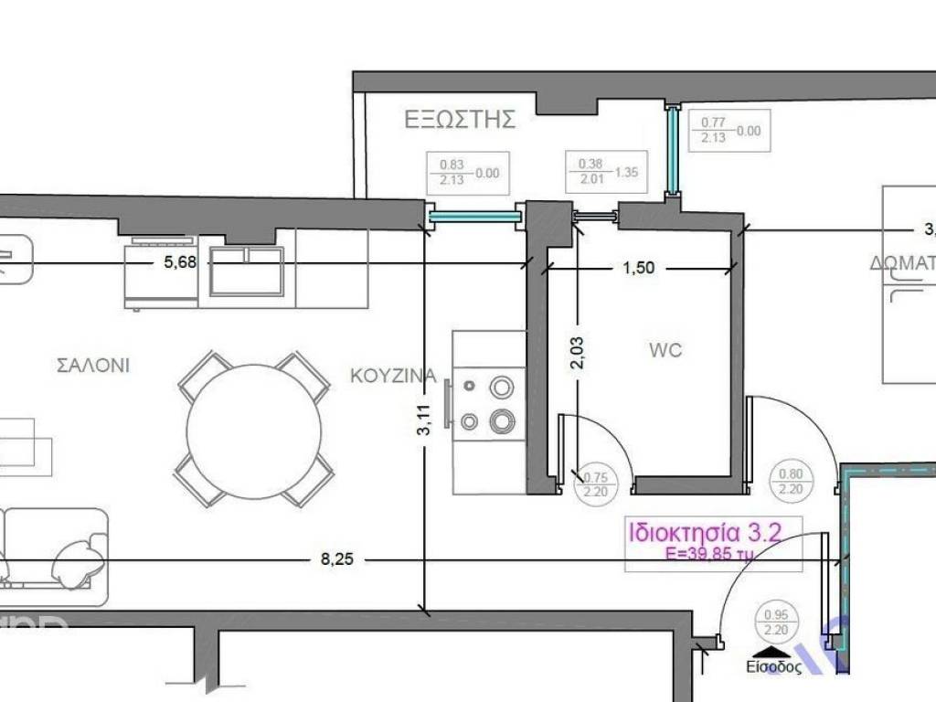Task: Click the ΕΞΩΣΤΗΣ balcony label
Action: [460, 119]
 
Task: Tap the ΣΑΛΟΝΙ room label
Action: [93, 366]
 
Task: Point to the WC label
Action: [665, 350]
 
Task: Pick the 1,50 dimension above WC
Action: [639, 269]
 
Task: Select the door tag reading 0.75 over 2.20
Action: [595, 484]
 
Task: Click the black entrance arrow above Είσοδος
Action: [773, 652]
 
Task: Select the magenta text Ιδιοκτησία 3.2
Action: [702, 532]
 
